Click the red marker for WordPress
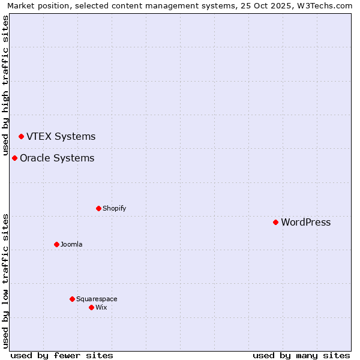point(275,222)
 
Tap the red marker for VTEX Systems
point(21,136)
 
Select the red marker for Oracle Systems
point(14,158)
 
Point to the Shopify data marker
point(98,208)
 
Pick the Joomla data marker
point(56,244)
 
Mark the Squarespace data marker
point(72,299)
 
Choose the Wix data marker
point(91,307)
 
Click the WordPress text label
point(305,223)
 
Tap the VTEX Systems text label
point(61,137)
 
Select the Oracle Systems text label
point(57,158)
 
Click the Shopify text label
point(114,209)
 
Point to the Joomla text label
point(71,245)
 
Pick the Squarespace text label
point(97,299)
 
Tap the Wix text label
point(101,308)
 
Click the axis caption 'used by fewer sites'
point(62,355)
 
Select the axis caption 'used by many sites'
point(301,355)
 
